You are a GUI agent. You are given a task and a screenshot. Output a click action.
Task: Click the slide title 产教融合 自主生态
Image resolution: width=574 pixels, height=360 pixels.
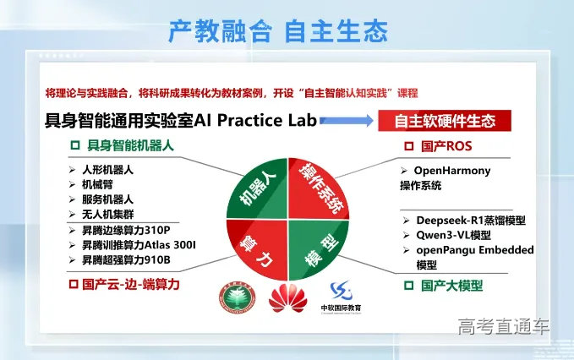point(278,31)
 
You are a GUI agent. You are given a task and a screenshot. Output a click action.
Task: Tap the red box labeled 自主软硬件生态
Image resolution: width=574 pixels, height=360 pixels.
point(447,121)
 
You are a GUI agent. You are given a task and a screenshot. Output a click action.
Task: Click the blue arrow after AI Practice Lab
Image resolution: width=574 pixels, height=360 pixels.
point(347,122)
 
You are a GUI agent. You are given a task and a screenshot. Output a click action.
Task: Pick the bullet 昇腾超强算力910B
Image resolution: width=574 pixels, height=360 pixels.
point(126,260)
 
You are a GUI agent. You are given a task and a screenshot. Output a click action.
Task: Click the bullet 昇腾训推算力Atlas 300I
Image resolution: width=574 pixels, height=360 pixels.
point(139,245)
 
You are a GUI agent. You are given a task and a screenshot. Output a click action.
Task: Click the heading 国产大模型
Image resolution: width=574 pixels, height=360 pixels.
point(452,286)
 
